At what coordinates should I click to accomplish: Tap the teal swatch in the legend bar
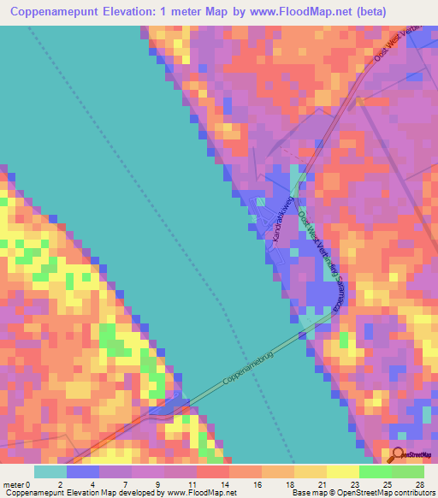(x=50, y=471)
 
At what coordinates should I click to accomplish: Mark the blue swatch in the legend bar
(x=83, y=471)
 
